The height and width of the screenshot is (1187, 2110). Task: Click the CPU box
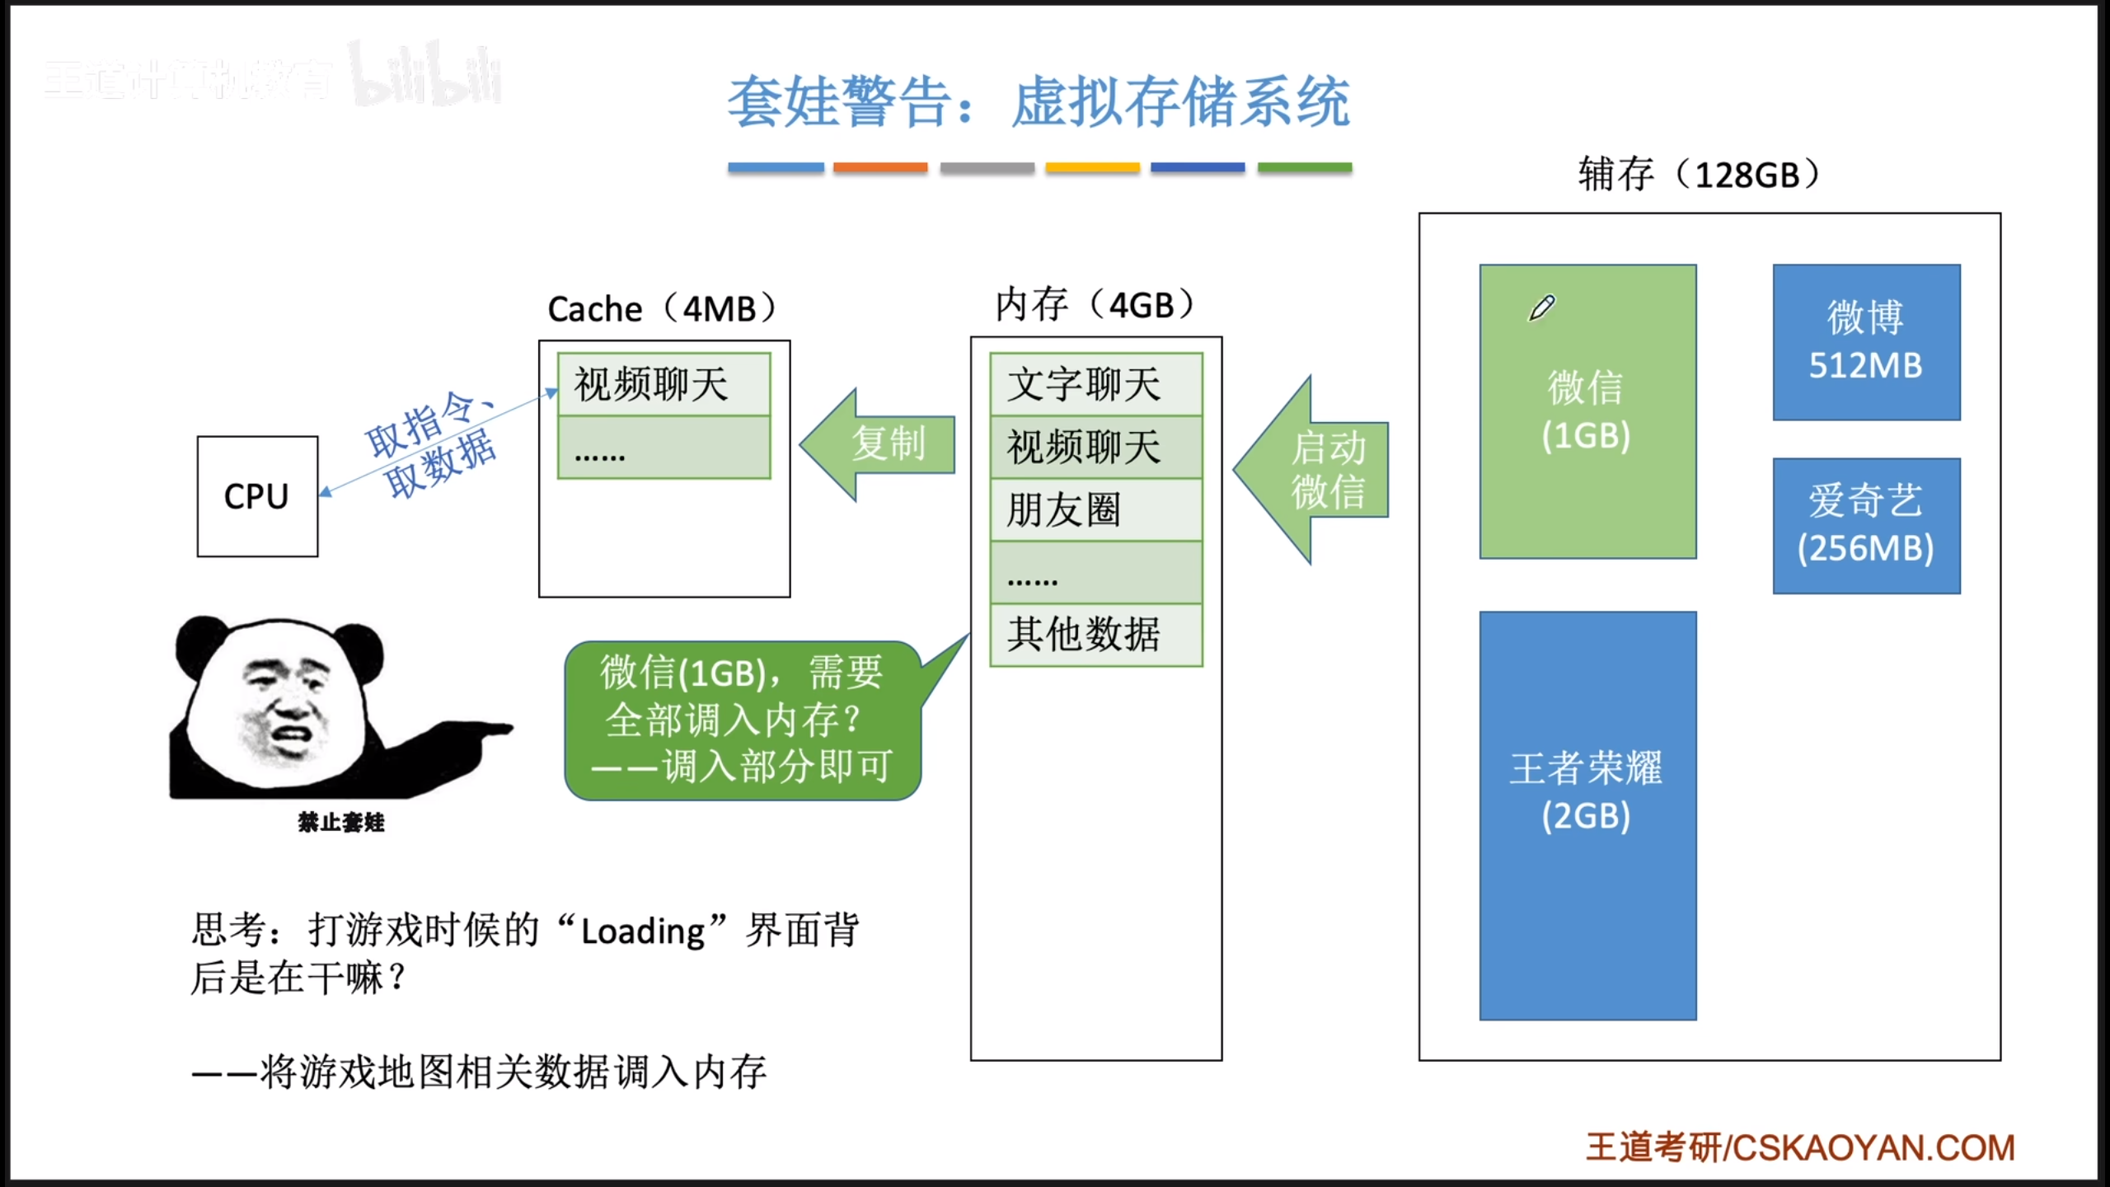257,496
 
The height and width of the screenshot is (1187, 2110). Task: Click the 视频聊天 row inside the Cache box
663,384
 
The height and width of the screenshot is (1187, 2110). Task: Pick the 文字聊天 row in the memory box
1095,384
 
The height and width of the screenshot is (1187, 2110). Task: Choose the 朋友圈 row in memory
1095,509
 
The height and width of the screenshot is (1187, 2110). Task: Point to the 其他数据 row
1095,635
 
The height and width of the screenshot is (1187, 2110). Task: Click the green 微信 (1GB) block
1587,411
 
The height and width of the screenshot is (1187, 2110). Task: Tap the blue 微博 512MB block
1866,342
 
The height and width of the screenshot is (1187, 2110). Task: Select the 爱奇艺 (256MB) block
1866,525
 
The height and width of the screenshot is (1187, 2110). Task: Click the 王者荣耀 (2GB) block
1587,815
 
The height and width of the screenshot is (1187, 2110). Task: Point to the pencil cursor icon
1541,308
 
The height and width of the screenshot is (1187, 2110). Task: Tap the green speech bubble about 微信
742,720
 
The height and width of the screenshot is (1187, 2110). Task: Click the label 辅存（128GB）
1698,175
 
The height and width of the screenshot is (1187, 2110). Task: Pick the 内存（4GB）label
1095,305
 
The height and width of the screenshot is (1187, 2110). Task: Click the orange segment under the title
879,167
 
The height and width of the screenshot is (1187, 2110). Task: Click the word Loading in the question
643,931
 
